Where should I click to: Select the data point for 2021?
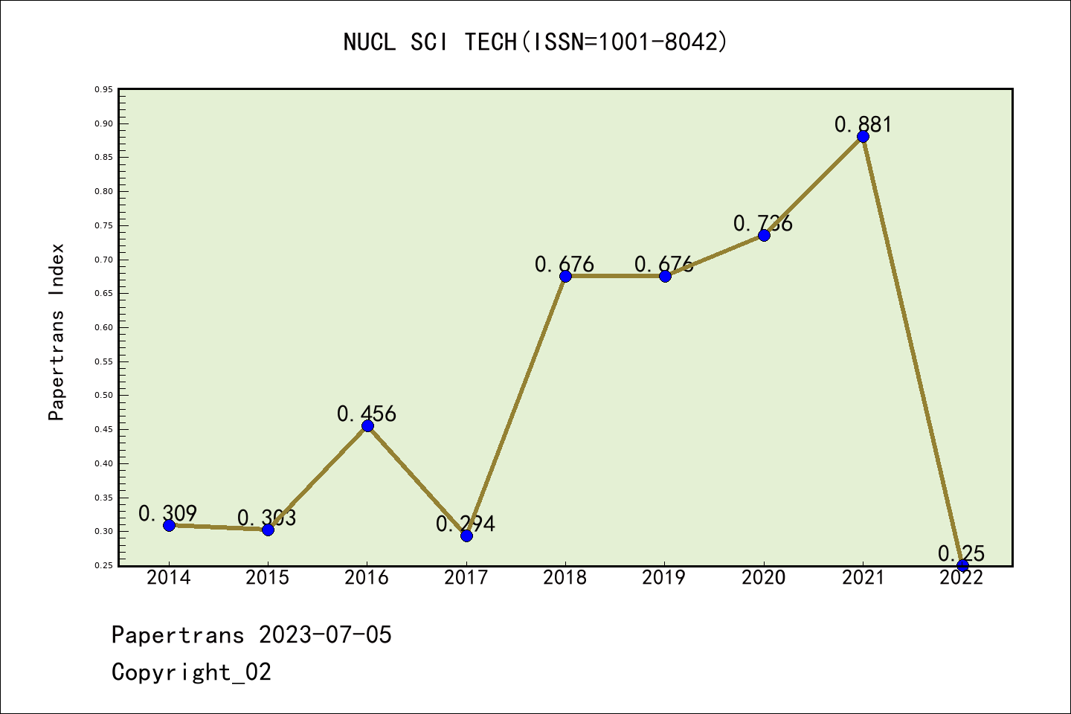863,136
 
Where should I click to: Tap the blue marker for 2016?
367,425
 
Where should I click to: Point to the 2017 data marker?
466,535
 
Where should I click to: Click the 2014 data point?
169,525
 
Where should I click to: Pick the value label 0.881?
863,124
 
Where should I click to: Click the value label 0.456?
367,414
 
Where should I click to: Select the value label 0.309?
167,513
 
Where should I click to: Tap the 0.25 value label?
961,553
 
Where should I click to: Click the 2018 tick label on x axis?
565,578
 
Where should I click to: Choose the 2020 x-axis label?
763,578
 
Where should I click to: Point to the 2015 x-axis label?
268,578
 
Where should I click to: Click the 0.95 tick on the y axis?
103,90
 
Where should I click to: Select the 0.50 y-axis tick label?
103,396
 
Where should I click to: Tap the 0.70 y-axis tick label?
103,260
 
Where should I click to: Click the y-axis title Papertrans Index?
57,332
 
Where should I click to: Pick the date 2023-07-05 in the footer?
325,635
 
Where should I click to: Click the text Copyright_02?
191,672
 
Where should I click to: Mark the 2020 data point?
764,235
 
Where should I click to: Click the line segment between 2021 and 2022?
913,350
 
